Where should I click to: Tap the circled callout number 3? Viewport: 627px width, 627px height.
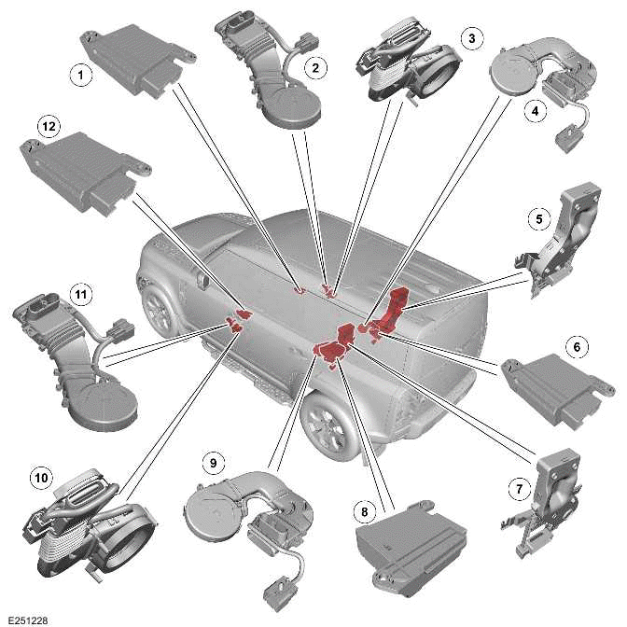pos(472,38)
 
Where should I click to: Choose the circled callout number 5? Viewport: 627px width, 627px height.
pos(538,220)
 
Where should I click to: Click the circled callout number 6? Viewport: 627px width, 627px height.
pos(577,347)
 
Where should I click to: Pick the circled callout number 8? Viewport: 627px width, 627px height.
pos(362,511)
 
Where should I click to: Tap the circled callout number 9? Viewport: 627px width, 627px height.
pos(213,462)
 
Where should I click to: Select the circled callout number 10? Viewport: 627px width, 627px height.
pos(40,478)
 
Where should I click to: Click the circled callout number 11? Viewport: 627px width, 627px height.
pos(81,295)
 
